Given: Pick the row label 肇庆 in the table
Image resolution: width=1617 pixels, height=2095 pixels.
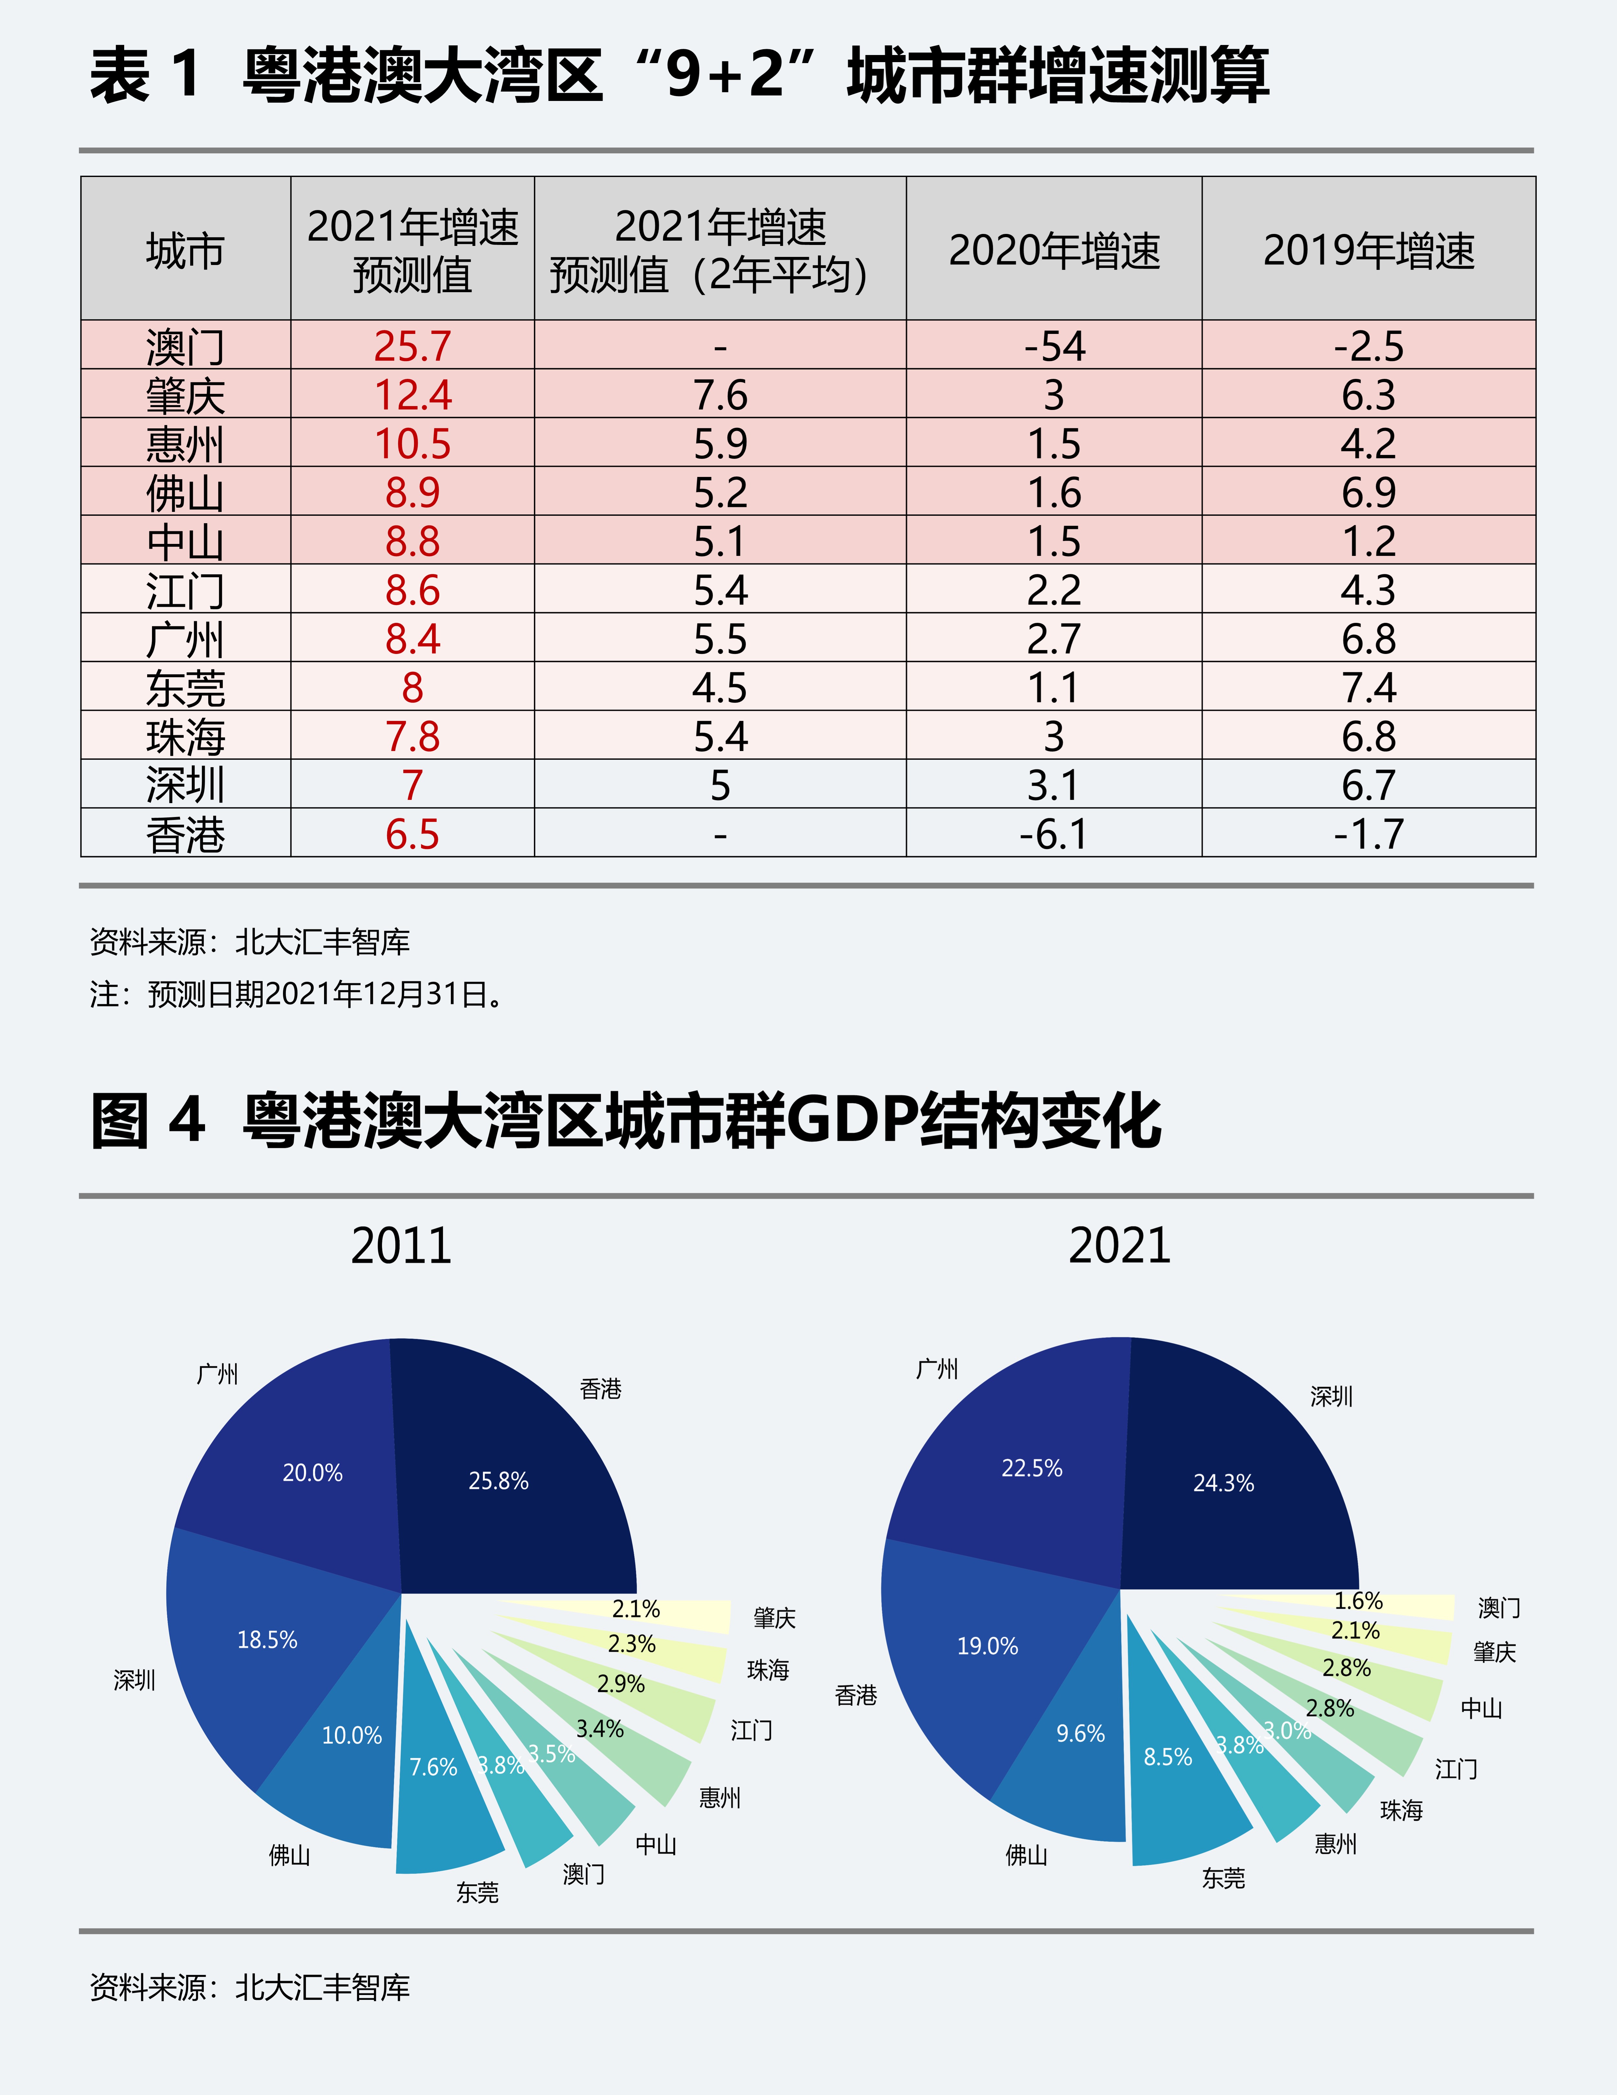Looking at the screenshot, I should coord(185,395).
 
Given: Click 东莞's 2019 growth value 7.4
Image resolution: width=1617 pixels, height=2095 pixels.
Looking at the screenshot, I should coord(1369,688).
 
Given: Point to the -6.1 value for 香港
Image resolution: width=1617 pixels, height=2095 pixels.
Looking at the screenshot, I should coord(1054,833).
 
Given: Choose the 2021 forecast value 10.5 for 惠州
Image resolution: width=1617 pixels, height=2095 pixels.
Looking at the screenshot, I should coord(412,444).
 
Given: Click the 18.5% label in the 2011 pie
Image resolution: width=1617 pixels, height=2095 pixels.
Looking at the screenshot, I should coord(267,1640).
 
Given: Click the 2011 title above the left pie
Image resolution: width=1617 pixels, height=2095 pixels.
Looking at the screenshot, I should coord(401,1246).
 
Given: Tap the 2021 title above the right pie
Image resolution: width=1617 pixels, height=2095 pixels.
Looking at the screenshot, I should coord(1119,1246).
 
